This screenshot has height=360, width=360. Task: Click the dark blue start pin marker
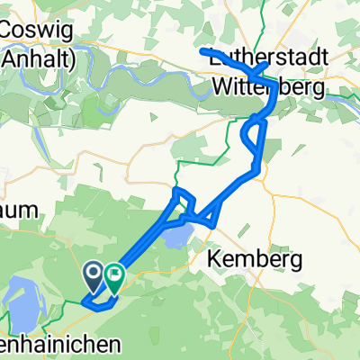(94, 272)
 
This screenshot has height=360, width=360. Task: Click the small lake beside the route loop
(177, 236)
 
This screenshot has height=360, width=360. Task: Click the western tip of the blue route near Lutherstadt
(202, 51)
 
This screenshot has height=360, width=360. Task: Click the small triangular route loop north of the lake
(181, 200)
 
